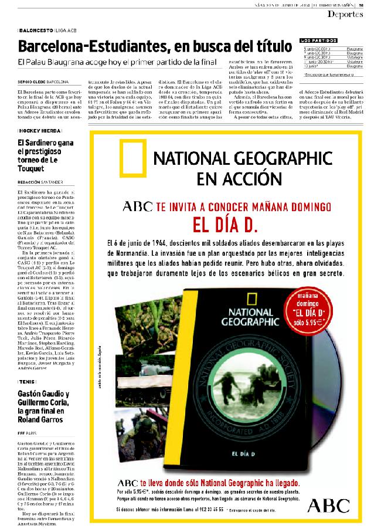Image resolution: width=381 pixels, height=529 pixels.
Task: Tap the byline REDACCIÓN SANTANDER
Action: (40, 182)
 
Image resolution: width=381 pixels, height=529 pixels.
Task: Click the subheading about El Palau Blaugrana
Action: (117, 62)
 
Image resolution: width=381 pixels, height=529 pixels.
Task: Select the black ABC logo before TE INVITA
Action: (137, 206)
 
